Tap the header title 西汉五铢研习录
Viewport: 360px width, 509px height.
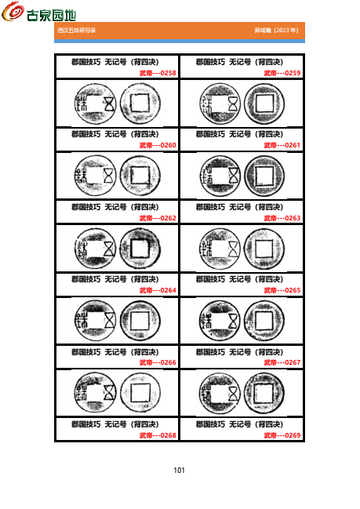point(76,31)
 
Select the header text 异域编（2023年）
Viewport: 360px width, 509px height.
point(276,31)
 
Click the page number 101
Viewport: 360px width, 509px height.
point(179,471)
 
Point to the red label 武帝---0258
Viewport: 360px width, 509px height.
point(158,73)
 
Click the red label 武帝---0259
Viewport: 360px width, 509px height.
point(282,73)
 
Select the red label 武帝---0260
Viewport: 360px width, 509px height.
point(158,145)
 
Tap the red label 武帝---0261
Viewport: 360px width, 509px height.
point(282,145)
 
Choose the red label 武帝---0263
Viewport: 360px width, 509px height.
point(282,218)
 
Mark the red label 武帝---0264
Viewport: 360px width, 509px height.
point(158,290)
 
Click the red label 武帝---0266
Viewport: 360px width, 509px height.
point(158,362)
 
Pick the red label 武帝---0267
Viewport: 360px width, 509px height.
point(282,362)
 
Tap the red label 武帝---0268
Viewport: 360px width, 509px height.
point(158,435)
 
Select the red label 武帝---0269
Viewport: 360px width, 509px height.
point(282,435)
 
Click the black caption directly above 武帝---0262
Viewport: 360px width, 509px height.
point(115,208)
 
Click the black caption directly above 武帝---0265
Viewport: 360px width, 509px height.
point(239,280)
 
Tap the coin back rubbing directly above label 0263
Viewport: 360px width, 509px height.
point(264,175)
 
